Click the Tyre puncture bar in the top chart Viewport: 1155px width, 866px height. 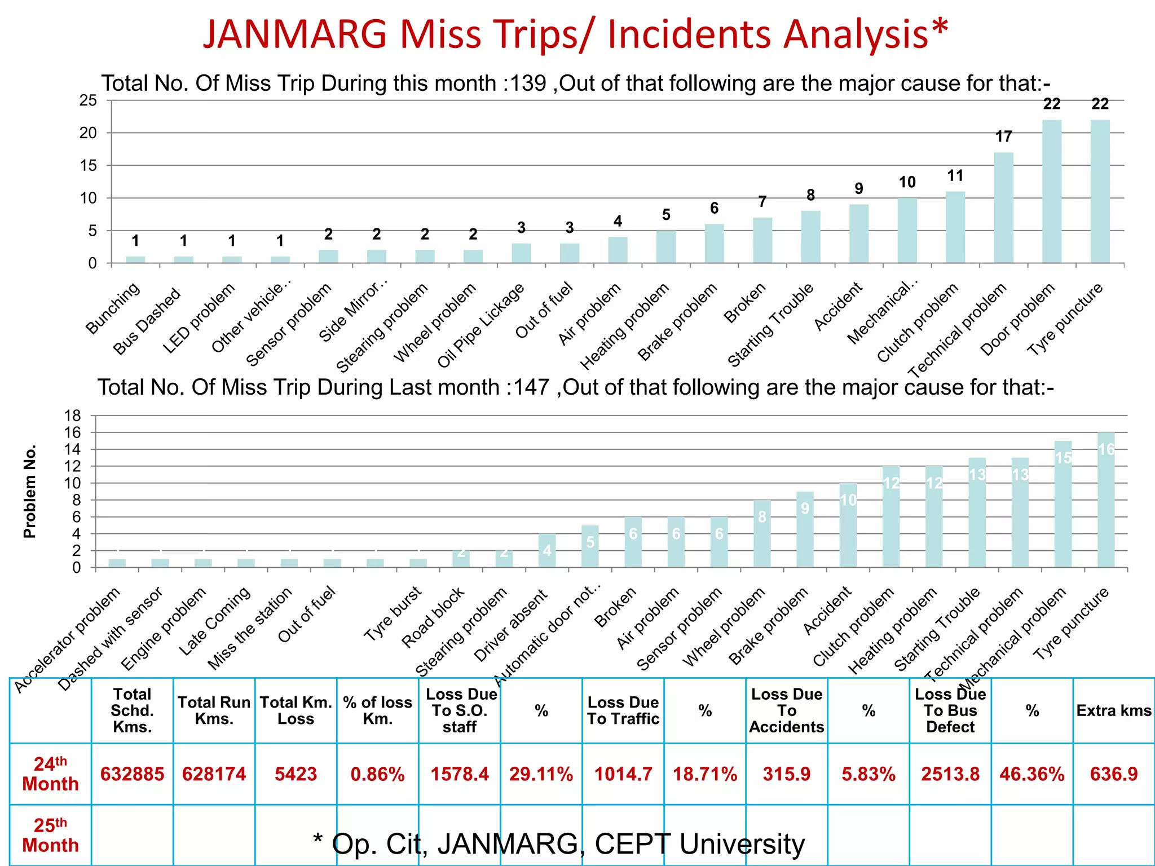click(1100, 192)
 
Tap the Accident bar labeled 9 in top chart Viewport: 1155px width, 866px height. click(858, 233)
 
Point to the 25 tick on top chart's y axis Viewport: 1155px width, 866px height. click(88, 101)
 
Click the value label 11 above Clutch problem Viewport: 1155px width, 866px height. click(955, 176)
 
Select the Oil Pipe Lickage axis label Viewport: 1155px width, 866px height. click(481, 326)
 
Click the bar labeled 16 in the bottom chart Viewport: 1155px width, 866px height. click(1106, 500)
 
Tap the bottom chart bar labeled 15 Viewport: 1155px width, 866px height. click(1063, 504)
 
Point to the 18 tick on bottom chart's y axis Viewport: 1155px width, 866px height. click(73, 416)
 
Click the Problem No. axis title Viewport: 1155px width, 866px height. click(29, 491)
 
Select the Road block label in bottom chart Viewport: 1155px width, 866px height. click(433, 617)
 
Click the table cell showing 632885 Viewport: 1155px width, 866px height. click(132, 774)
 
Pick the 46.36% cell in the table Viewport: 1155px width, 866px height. click(1031, 774)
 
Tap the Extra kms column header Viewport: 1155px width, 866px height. click(1113, 710)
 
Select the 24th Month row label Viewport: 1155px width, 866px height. click(50, 774)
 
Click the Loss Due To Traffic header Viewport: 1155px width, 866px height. click(623, 710)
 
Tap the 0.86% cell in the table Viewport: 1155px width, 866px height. click(377, 774)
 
